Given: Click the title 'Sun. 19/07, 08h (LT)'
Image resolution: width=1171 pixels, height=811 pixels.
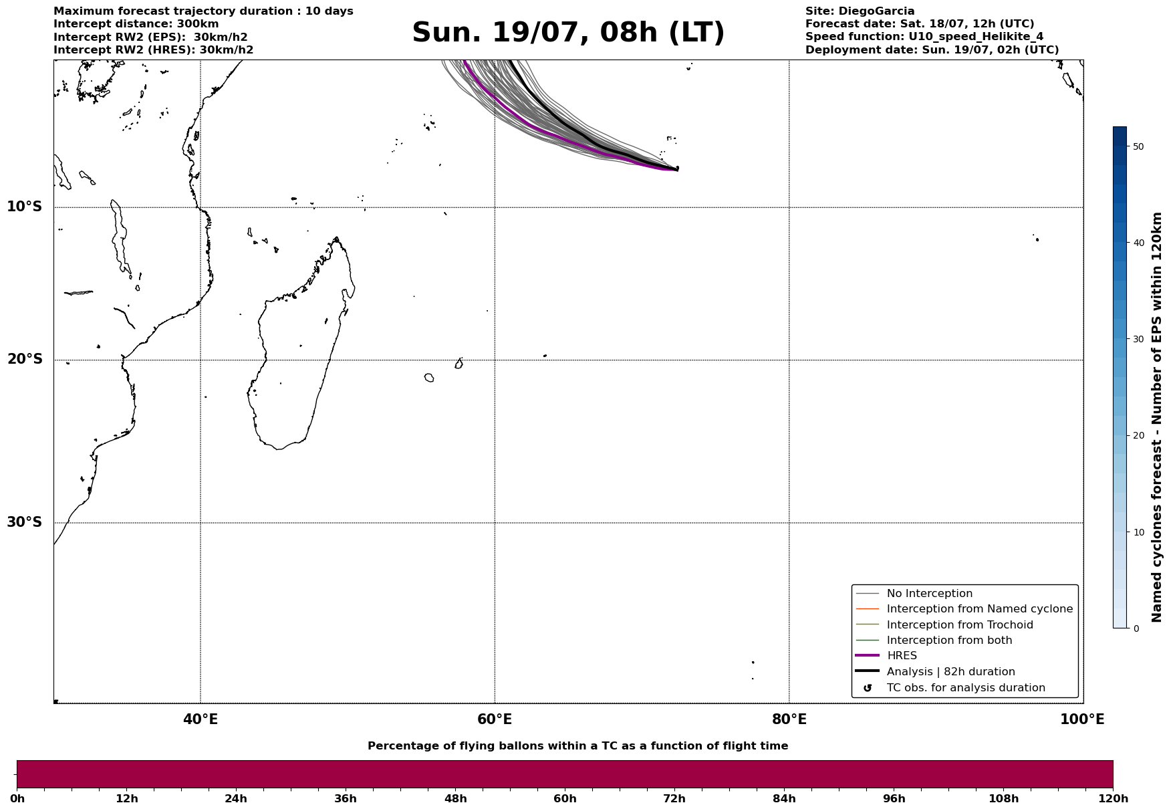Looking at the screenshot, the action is [568, 33].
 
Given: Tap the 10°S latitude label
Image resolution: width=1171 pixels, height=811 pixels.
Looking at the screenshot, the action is [25, 207].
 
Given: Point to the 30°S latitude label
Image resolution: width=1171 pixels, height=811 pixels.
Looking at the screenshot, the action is [25, 522].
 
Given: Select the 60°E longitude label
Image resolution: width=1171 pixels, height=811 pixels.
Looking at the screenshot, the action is [495, 719].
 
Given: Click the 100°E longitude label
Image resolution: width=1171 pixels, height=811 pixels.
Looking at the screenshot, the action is [1082, 719].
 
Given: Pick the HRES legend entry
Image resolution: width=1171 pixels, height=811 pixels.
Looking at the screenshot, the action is [902, 656].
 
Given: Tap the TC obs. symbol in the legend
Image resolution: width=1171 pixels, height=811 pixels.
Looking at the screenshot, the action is [868, 688].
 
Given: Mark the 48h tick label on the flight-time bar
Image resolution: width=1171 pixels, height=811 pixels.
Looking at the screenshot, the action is [456, 798].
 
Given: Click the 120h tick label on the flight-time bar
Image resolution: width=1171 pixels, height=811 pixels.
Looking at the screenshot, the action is [1113, 798].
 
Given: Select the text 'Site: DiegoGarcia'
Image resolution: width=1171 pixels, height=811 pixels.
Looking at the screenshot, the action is [860, 11].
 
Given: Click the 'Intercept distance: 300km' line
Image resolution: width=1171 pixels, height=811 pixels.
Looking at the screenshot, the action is [136, 24].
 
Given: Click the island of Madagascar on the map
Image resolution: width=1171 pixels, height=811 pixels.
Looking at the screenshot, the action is [301, 348].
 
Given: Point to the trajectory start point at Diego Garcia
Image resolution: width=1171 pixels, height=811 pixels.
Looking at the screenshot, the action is [677, 169].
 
